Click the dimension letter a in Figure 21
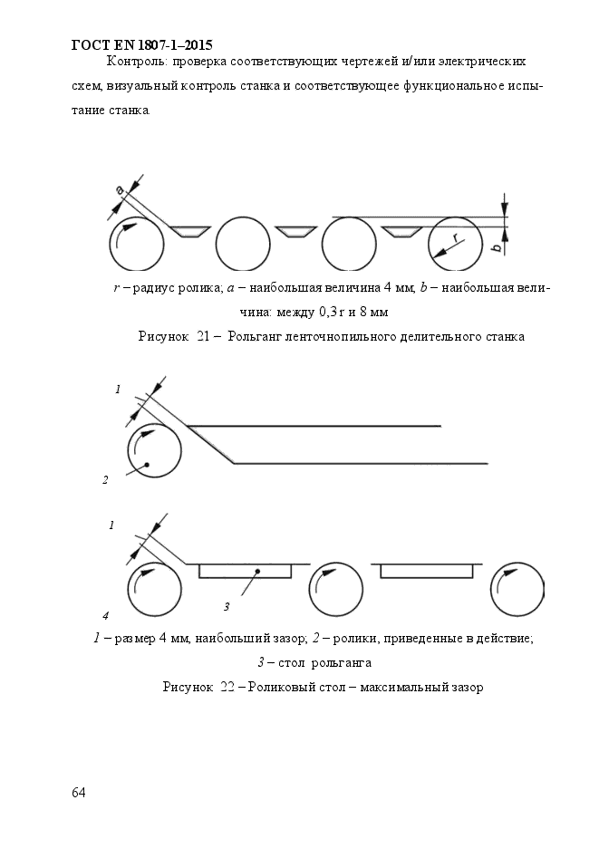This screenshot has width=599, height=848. (x=119, y=189)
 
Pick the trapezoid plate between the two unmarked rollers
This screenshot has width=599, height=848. (x=295, y=232)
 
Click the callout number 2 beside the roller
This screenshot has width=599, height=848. (x=106, y=480)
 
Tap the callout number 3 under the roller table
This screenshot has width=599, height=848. (x=227, y=606)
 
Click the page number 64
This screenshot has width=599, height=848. (x=79, y=793)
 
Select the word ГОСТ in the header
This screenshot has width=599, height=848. (x=89, y=43)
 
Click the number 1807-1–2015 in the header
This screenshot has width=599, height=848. (x=173, y=43)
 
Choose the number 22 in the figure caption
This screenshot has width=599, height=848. (x=227, y=687)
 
